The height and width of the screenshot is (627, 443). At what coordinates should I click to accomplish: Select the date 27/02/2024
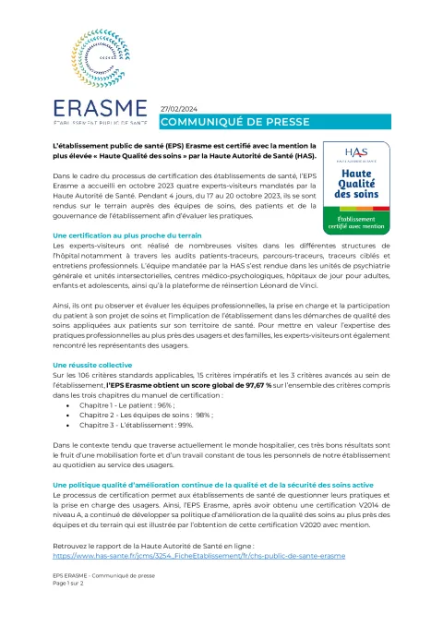(179, 108)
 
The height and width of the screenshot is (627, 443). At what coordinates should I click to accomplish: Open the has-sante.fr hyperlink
(199, 557)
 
